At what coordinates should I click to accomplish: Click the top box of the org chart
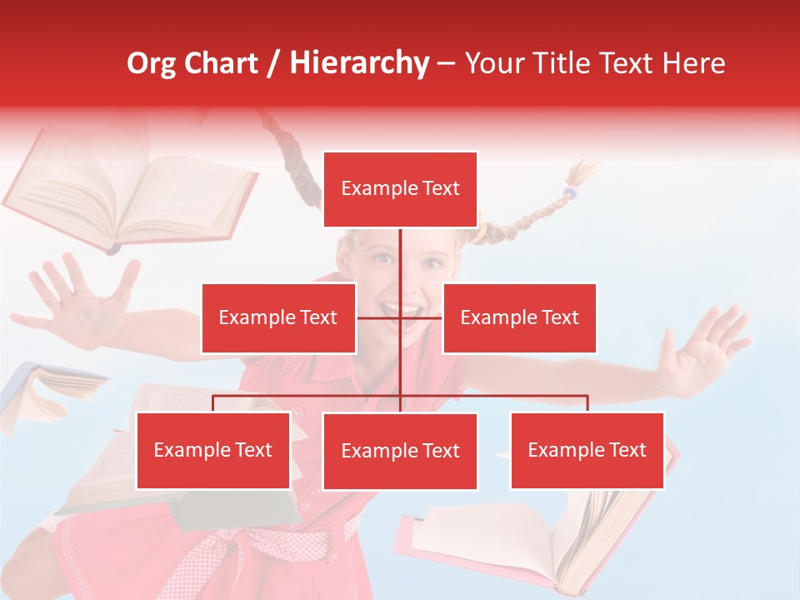(400, 189)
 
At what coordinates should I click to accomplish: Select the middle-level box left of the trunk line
(278, 317)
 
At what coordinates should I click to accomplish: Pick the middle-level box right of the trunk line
(519, 317)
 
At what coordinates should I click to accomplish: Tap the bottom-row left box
(213, 450)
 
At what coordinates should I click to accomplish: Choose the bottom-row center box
(400, 451)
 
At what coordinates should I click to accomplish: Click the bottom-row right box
(587, 450)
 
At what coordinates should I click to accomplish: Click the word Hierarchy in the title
(359, 63)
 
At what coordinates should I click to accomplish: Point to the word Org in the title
(152, 63)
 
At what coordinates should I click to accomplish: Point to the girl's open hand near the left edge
(83, 300)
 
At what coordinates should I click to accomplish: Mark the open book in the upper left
(133, 196)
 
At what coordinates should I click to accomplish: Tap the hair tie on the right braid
(569, 193)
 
